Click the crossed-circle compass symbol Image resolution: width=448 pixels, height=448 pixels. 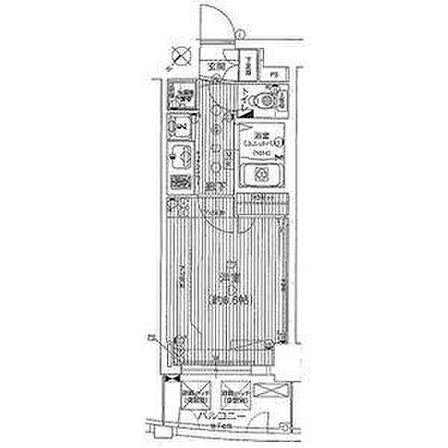point(180,54)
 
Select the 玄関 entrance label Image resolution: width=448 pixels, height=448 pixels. point(217,66)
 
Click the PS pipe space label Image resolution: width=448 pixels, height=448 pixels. point(274,74)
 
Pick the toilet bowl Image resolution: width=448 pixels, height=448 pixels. point(266,99)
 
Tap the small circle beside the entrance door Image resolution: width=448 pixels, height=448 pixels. point(240,32)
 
